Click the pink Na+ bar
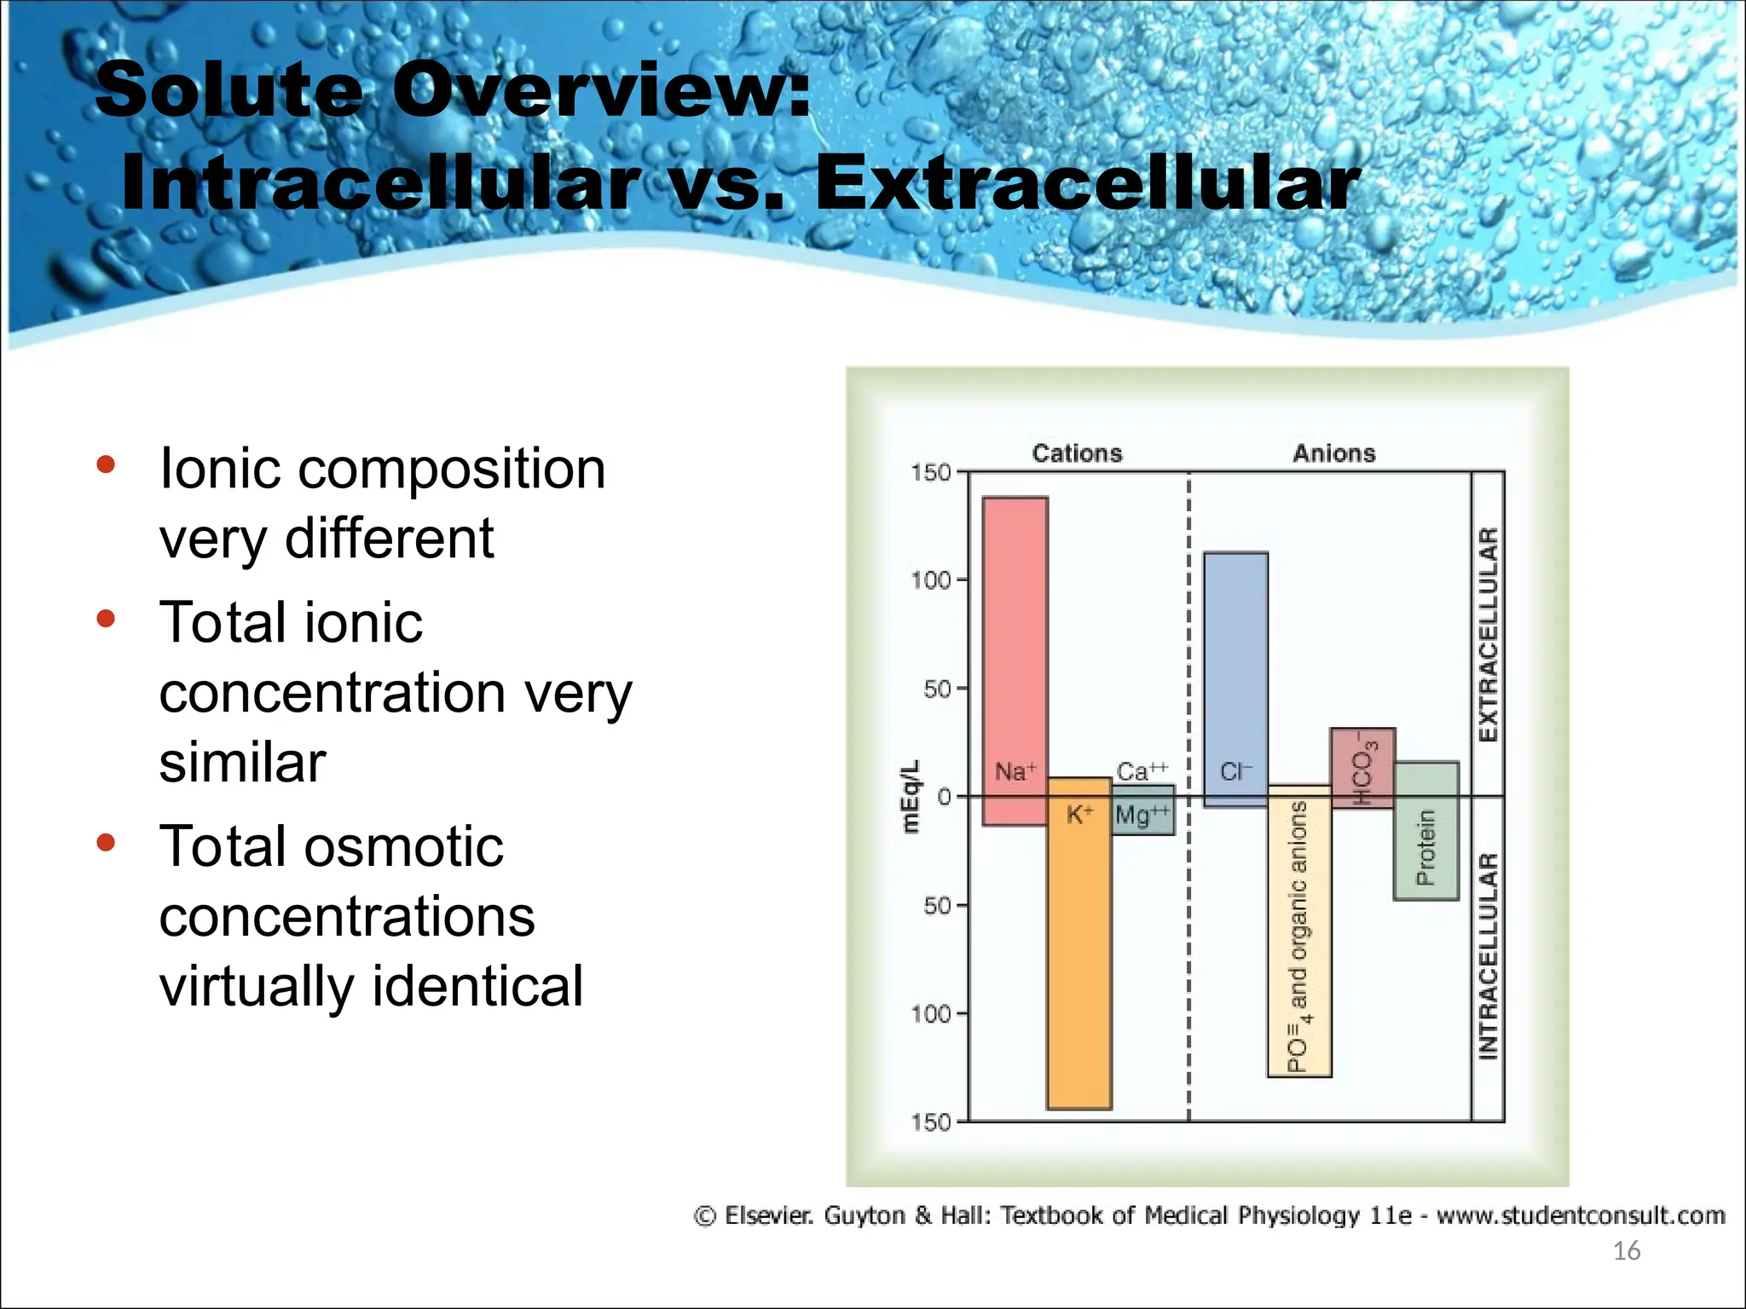1015,648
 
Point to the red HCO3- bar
1362,767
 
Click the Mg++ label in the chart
1142,816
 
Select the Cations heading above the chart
1077,453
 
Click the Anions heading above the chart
1334,453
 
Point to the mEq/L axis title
911,797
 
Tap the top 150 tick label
930,473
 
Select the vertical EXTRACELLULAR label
1488,635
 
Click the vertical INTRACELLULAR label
1488,956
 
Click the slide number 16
1626,1251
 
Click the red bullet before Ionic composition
106,464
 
